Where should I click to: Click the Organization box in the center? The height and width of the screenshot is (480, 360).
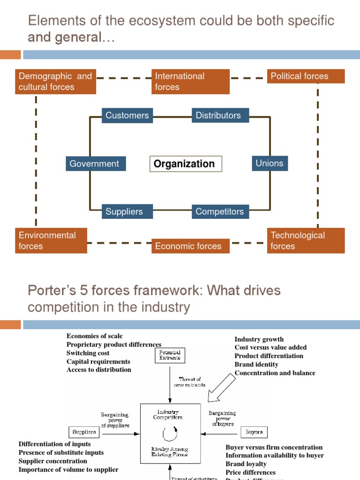(186, 164)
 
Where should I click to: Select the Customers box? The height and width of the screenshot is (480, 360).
(127, 115)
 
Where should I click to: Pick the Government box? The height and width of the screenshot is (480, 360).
(96, 164)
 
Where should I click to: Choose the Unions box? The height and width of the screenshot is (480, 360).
(270, 163)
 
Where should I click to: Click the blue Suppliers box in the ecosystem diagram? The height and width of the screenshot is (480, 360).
(124, 211)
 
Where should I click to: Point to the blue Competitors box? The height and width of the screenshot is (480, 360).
(220, 211)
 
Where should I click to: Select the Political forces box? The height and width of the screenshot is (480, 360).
(306, 76)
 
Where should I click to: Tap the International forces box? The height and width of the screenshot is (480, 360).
(190, 82)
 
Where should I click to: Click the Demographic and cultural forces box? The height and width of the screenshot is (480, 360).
(56, 82)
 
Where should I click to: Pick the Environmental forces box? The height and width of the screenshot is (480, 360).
(51, 240)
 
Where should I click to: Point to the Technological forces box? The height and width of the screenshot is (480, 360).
(306, 240)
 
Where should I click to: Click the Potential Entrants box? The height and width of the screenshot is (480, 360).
(170, 355)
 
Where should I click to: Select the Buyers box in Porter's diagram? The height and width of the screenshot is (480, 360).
(254, 432)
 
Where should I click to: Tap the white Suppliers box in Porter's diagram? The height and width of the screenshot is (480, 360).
(84, 432)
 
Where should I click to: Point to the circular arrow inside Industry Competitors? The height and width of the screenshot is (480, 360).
(170, 430)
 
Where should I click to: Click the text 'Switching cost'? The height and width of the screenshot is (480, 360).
(88, 353)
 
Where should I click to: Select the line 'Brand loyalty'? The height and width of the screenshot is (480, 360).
(246, 464)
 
